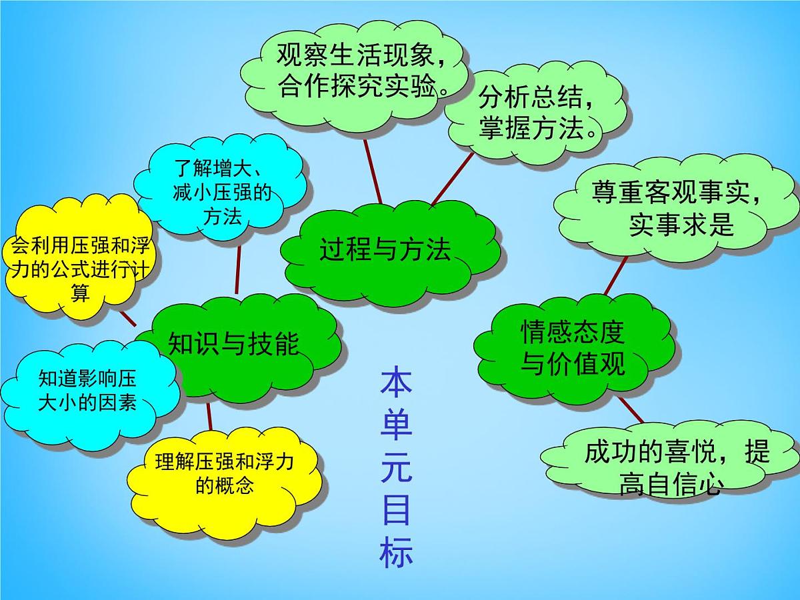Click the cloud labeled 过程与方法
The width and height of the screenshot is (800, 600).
(385, 250)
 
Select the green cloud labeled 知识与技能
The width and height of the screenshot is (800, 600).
(233, 343)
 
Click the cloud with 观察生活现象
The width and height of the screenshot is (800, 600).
(361, 70)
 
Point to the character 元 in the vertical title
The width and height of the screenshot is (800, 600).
(397, 467)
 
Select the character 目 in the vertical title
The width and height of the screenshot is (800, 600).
(397, 510)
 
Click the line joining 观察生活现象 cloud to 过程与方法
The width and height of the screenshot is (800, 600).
(373, 170)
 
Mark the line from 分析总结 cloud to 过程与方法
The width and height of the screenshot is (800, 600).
(452, 179)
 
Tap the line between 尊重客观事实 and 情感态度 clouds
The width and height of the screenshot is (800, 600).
(616, 275)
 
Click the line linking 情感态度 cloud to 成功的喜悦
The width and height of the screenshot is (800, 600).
(631, 411)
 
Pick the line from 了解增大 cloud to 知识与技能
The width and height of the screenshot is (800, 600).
(238, 270)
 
